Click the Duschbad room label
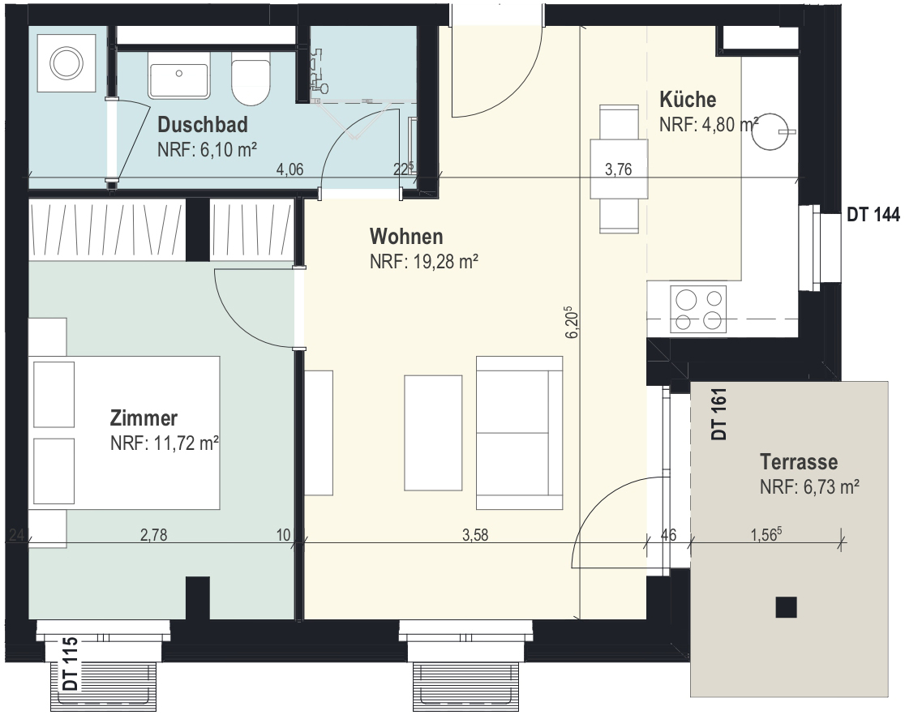tap(203, 125)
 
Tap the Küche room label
tap(688, 99)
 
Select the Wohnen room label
tap(406, 236)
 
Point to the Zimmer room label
tap(144, 417)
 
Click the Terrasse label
tap(799, 461)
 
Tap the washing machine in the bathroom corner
tap(66, 62)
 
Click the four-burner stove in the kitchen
tap(698, 310)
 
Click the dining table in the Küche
tap(619, 169)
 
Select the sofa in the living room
tap(520, 433)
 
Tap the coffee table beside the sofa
tap(433, 433)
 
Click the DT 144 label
tap(873, 215)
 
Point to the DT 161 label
tap(719, 413)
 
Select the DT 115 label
tap(71, 664)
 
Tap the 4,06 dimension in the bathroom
tap(290, 169)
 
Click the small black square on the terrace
tap(786, 607)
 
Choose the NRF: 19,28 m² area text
tap(424, 262)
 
